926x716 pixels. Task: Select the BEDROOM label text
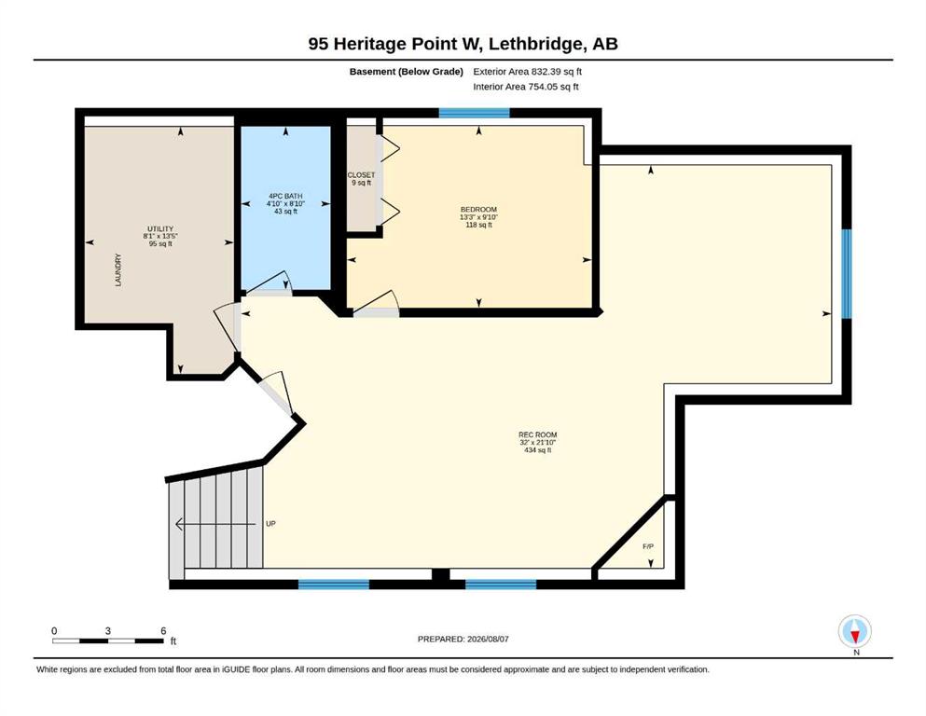479,210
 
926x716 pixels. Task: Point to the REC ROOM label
538,435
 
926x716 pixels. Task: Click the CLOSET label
361,175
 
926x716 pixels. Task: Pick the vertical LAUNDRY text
118,270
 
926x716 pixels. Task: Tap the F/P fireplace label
648,546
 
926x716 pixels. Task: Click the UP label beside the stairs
270,524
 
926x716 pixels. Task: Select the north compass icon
855,632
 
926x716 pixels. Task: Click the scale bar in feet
108,640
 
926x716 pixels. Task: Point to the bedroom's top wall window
475,113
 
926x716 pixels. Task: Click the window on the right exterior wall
847,274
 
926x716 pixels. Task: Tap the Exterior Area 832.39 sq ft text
528,72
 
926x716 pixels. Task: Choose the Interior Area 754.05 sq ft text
526,87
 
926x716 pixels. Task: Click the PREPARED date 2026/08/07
463,639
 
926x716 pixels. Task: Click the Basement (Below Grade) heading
407,72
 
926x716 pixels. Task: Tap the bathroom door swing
269,282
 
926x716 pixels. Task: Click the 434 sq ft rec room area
538,450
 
